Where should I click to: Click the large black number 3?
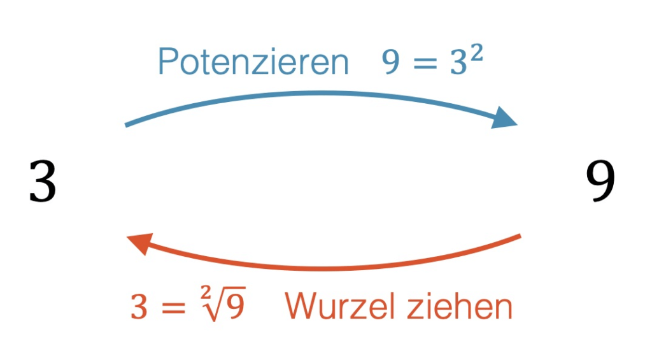tap(43, 182)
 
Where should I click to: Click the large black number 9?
tap(600, 182)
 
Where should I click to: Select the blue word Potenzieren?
tap(253, 62)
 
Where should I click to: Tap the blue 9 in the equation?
tap(392, 63)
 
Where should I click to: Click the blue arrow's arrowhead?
tap(506, 119)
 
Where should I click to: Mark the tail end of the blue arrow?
tap(127, 125)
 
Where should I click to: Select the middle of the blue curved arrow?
tap(318, 94)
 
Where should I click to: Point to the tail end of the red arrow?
tap(519, 237)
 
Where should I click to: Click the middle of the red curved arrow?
tap(325, 268)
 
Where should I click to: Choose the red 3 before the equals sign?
tap(139, 308)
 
